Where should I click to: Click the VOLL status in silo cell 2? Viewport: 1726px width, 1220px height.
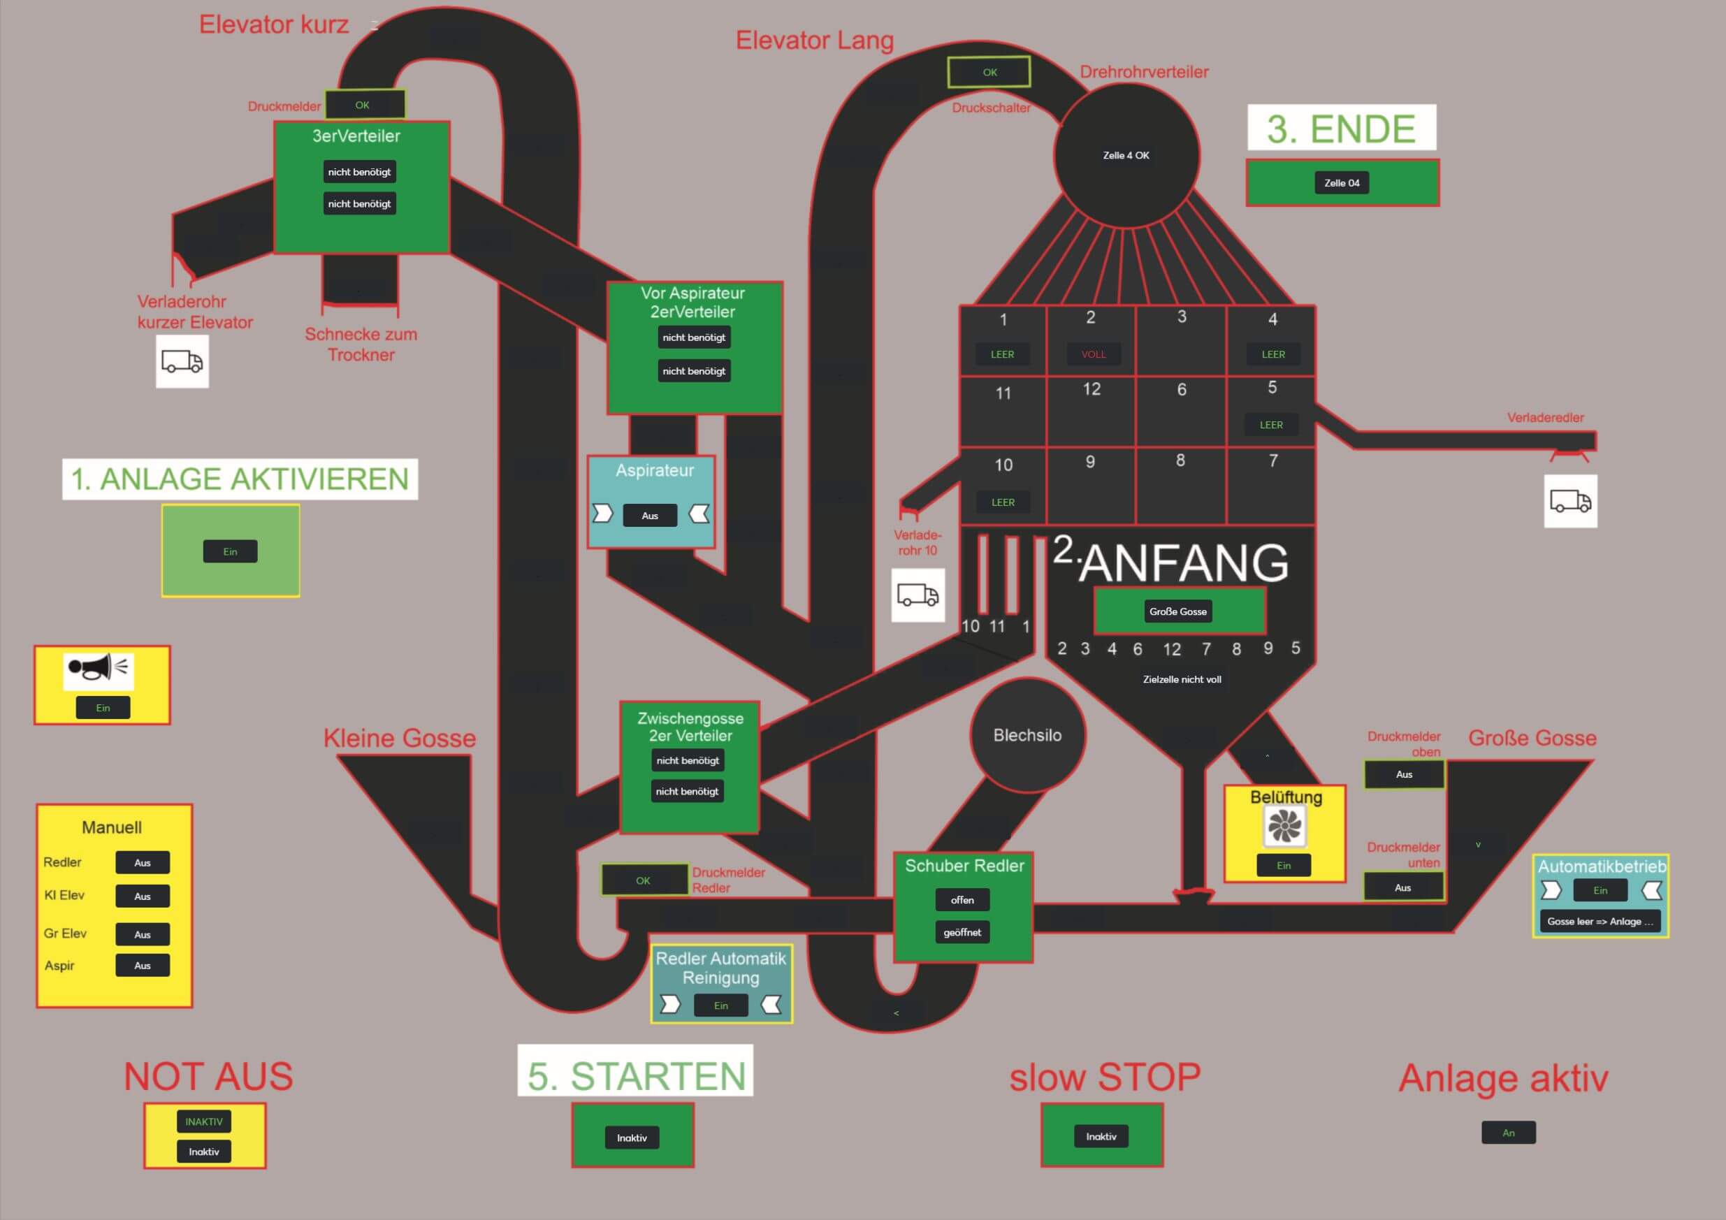[x=1094, y=354]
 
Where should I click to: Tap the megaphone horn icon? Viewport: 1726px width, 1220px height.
[x=99, y=667]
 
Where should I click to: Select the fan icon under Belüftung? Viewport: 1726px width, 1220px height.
[x=1284, y=826]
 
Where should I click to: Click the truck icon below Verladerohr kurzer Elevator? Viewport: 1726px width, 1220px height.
[x=182, y=361]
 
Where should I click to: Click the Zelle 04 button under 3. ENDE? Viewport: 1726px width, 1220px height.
[x=1342, y=182]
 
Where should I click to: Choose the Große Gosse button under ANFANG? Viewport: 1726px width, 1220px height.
[x=1178, y=611]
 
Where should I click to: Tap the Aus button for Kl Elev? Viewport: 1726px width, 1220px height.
[x=142, y=896]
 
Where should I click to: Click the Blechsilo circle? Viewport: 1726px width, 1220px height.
[x=1027, y=735]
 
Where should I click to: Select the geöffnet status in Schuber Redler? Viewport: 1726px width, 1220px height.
[x=962, y=932]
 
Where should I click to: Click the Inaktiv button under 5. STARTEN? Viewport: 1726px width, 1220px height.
[x=632, y=1138]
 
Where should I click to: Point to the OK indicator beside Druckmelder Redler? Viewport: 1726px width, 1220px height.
[x=644, y=880]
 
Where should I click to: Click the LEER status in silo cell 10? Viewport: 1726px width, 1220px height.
[x=1003, y=502]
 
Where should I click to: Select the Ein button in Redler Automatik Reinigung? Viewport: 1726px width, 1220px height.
[x=721, y=1005]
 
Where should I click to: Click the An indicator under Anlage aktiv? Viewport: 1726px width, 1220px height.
[x=1508, y=1133]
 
